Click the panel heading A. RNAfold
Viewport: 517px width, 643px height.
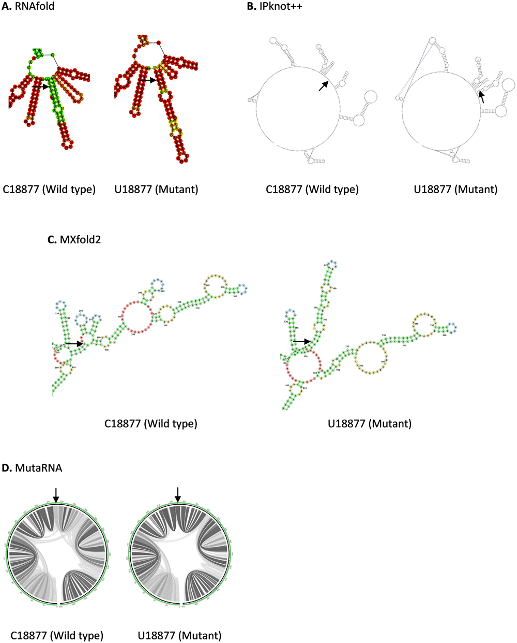[x=28, y=7]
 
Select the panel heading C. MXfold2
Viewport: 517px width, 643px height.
[x=74, y=239]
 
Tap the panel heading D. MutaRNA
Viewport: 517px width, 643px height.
[x=32, y=468]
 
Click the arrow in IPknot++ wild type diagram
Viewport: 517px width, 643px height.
[x=323, y=86]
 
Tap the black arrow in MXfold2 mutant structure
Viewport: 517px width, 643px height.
[x=301, y=342]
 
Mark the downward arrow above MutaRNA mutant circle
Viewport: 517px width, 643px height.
[x=178, y=495]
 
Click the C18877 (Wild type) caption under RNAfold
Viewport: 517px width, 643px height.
[x=49, y=189]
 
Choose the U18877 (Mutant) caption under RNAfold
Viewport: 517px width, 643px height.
[x=156, y=189]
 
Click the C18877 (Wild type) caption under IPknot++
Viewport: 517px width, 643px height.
[x=312, y=189]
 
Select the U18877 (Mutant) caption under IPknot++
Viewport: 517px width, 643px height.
[x=455, y=189]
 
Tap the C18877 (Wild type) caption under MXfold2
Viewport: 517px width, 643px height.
[x=151, y=423]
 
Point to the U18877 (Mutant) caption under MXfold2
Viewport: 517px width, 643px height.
[x=370, y=423]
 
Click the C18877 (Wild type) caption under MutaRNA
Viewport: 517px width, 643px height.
[x=57, y=635]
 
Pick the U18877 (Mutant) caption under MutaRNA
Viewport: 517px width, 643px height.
[x=179, y=635]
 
